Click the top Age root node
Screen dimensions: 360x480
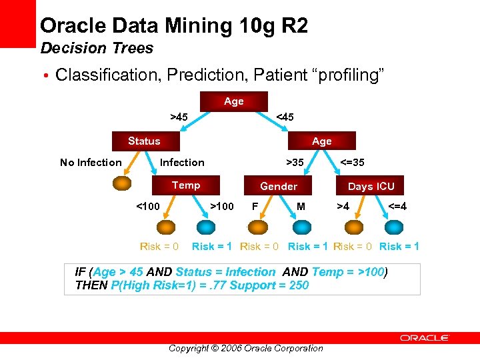[x=234, y=101]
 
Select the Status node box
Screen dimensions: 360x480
[x=144, y=141]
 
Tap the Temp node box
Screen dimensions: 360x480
[x=186, y=185]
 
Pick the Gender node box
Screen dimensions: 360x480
[x=279, y=186]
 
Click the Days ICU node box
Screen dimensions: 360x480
[x=371, y=186]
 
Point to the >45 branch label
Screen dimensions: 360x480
[x=179, y=117]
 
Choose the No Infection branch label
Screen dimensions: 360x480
[x=91, y=162]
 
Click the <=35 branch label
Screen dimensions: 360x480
[x=353, y=162]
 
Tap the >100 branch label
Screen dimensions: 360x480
[x=222, y=206]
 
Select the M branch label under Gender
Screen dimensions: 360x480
[x=301, y=206]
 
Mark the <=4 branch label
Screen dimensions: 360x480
[x=397, y=206]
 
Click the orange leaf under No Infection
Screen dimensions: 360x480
[x=122, y=183]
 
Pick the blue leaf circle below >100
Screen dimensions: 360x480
[x=210, y=227]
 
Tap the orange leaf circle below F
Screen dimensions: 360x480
[x=256, y=227]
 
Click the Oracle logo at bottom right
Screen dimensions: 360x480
[x=425, y=338]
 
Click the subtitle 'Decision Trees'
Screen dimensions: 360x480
[x=97, y=48]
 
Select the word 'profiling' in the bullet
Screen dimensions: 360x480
[x=350, y=75]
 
